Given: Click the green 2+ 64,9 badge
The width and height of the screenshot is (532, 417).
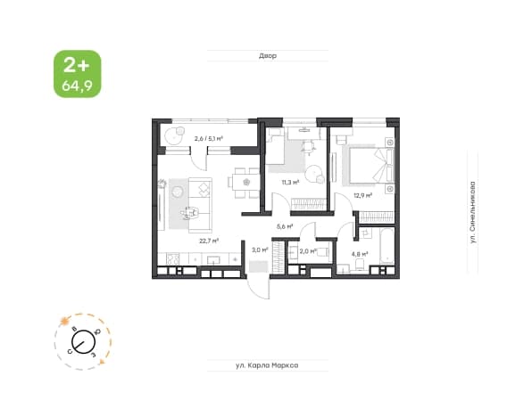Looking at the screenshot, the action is [78, 74].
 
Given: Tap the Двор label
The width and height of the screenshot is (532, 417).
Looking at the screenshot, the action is [268, 55].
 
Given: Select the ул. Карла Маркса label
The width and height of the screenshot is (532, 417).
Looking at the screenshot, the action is [267, 365].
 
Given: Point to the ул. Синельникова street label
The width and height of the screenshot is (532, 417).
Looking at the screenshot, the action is [472, 212].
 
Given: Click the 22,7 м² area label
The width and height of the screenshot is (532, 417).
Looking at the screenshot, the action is [209, 241].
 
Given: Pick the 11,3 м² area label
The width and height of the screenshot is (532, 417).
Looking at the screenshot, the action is [290, 183].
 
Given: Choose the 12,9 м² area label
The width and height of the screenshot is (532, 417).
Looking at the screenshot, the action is [363, 195].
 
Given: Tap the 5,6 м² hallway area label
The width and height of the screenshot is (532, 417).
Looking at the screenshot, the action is [285, 226].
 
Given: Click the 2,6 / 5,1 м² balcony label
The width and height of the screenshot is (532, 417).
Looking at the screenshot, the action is [208, 138].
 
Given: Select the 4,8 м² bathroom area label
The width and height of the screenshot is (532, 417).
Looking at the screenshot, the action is [360, 254].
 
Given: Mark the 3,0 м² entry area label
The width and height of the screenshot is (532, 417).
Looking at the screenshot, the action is [260, 250].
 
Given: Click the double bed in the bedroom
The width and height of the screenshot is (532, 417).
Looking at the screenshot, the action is [369, 165].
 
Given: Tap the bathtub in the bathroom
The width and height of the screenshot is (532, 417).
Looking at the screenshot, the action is [387, 246].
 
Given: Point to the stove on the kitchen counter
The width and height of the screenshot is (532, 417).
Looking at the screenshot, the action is [172, 259].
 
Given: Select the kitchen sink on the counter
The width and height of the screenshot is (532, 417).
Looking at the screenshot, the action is [213, 260].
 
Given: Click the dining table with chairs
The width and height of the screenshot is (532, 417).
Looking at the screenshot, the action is [245, 183].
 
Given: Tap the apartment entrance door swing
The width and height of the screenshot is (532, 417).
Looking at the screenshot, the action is [258, 289].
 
